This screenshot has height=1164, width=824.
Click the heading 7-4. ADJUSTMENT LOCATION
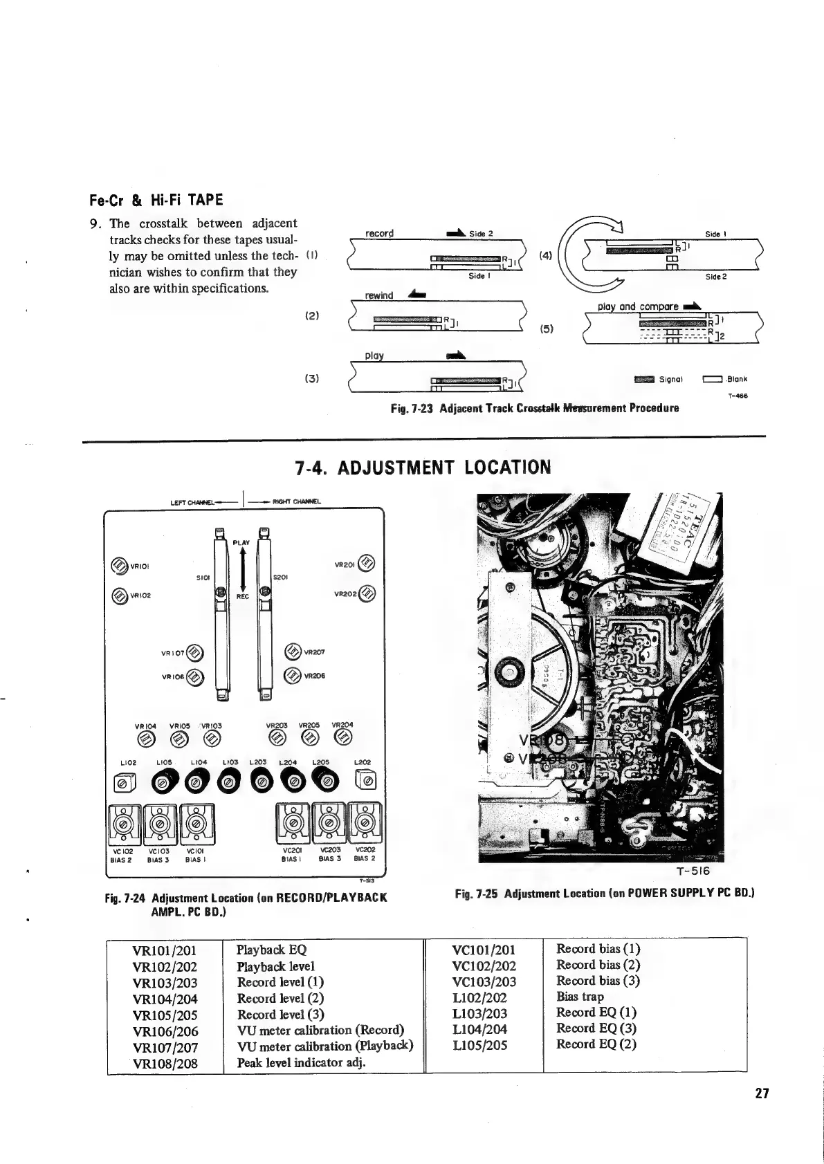point(423,468)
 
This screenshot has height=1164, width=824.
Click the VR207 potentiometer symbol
point(293,651)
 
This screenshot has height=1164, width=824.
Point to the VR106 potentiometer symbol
point(196,677)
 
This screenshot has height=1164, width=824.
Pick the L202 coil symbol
point(366,782)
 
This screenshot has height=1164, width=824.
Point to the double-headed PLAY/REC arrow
point(241,570)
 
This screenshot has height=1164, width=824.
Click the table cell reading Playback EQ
point(271,950)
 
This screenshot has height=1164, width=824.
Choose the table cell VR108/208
point(165,1064)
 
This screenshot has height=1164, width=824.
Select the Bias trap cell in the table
point(580,997)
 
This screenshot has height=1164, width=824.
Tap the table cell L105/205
point(479,1045)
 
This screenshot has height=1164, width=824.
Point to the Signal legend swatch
point(644,379)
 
